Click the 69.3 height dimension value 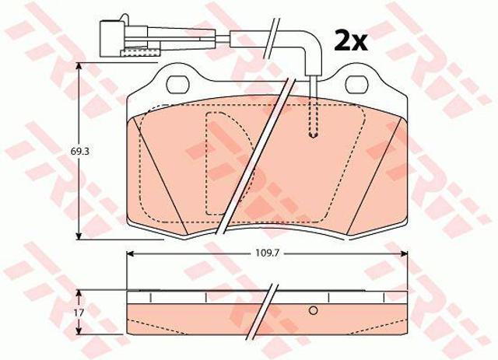point(79,152)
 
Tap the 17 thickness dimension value point(79,313)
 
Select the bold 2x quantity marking point(351,41)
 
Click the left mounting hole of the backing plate point(178,85)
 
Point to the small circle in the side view point(313,310)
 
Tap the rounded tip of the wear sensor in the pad point(314,135)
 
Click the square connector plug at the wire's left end point(113,39)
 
